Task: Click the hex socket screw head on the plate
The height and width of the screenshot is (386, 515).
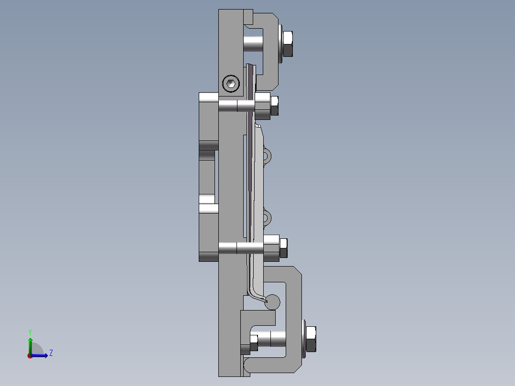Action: coord(231,84)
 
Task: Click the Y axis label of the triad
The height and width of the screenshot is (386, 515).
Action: coord(30,331)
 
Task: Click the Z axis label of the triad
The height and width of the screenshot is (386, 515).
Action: coord(51,353)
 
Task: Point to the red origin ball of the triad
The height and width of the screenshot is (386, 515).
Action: coord(30,355)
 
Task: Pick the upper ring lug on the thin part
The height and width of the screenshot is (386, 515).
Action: coord(267,155)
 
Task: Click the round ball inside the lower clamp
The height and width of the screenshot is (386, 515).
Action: coord(272,302)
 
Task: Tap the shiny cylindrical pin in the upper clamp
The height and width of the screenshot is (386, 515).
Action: coord(253,41)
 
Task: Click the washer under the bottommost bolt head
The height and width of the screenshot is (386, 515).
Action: coord(304,340)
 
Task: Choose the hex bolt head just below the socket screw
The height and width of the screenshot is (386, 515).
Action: coord(275,106)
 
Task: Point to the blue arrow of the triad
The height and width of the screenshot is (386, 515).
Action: coord(41,355)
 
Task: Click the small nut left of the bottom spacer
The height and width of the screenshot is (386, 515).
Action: coord(254,341)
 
